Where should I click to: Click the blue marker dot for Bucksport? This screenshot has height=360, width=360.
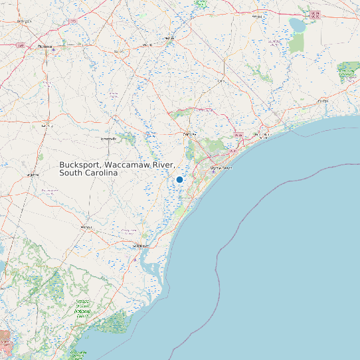point(179,179)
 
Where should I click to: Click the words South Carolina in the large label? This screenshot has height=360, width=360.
point(88,173)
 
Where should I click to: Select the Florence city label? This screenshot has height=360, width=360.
point(45,46)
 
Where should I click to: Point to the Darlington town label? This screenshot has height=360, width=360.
point(25,21)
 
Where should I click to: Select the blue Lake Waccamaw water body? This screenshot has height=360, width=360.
point(296,25)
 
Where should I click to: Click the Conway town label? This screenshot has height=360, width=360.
point(190,134)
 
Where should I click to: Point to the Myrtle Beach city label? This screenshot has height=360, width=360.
point(221,168)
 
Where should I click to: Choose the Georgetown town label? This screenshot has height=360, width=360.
point(140,246)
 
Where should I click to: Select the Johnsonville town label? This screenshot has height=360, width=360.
point(108,138)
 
